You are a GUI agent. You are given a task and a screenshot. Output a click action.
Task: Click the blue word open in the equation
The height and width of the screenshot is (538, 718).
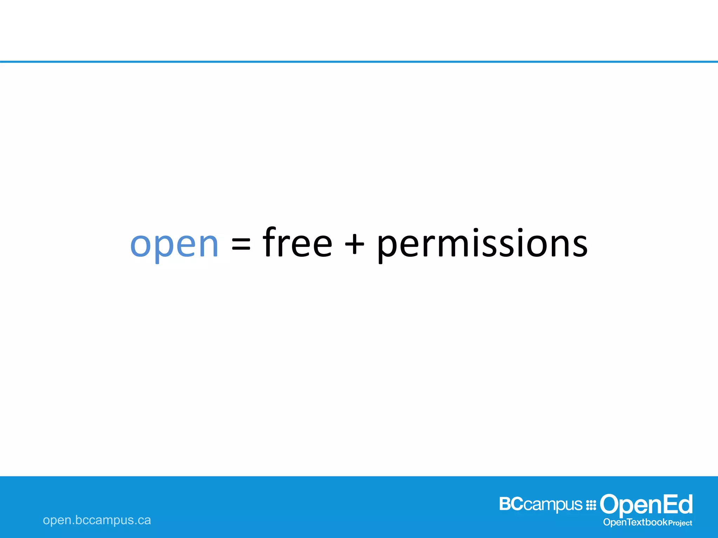(x=174, y=244)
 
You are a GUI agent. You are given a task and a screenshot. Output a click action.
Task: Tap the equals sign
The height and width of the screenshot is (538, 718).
(x=241, y=244)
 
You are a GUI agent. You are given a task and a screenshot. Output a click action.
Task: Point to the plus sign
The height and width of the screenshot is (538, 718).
(x=354, y=244)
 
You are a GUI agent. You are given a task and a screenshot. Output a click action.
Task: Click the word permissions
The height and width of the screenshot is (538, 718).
(x=482, y=244)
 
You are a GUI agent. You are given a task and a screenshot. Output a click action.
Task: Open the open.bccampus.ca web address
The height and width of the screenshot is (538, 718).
(x=97, y=520)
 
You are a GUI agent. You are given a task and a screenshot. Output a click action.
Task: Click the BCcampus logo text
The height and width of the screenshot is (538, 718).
(x=541, y=504)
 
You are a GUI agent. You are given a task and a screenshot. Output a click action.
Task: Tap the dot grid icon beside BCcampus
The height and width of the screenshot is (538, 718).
(x=591, y=505)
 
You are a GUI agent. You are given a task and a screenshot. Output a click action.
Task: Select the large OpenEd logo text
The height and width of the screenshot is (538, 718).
(x=646, y=505)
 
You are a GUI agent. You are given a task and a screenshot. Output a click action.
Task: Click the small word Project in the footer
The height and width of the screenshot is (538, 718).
(x=680, y=523)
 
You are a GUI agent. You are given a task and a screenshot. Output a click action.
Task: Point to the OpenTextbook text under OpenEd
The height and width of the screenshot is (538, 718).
(x=635, y=522)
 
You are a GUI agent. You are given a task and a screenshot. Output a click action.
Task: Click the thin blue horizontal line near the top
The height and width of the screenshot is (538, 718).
(x=359, y=62)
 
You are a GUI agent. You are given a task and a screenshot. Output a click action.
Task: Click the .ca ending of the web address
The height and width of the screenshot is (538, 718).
(x=143, y=520)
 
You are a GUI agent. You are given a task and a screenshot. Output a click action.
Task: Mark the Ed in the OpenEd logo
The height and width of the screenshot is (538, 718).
(x=679, y=504)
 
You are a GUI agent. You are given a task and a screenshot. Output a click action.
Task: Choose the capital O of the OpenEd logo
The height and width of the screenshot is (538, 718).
(x=610, y=504)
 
